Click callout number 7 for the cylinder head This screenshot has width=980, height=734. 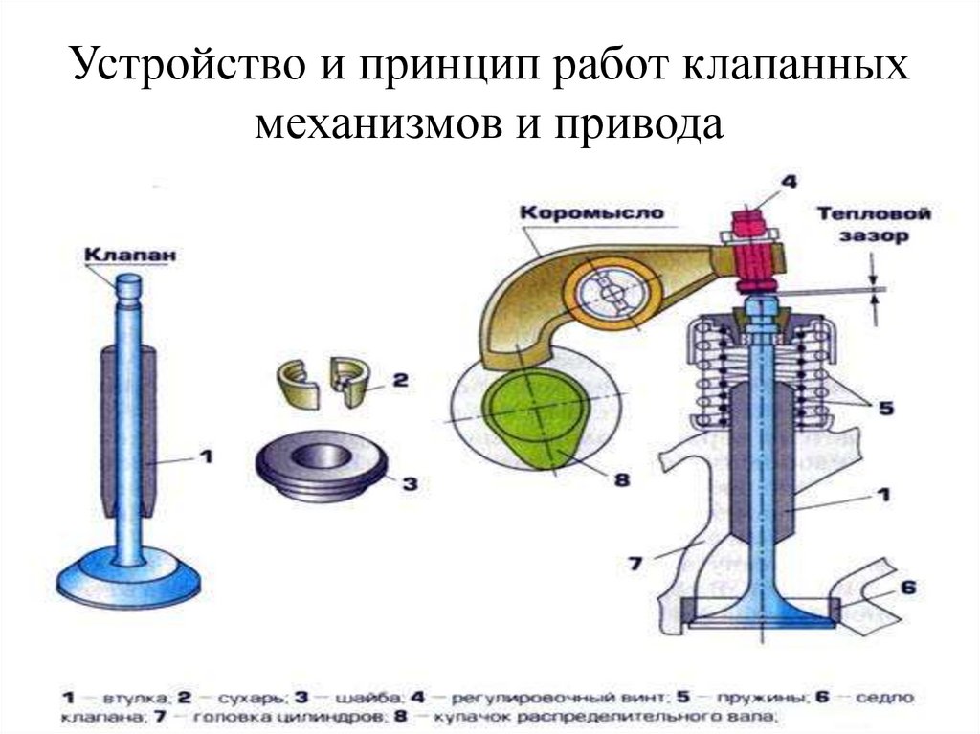point(635,563)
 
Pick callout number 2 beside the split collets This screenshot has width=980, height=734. point(399,380)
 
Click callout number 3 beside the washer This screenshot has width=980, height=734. point(409,483)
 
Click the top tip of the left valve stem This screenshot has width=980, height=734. point(128,282)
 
